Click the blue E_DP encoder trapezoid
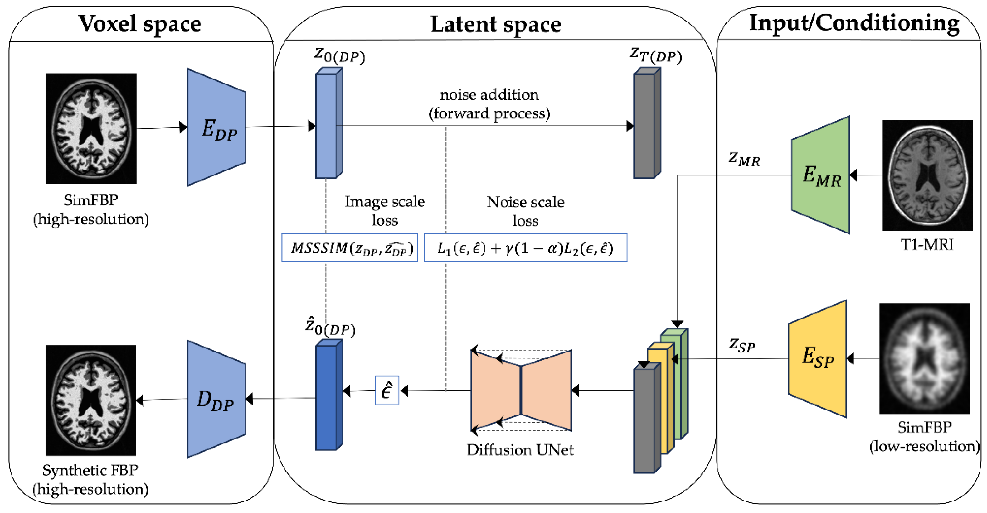[x=216, y=127]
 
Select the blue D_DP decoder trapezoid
[x=216, y=399]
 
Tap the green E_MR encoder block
[x=821, y=175]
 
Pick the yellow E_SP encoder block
[x=818, y=359]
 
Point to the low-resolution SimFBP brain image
[x=924, y=358]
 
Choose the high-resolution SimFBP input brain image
[x=91, y=128]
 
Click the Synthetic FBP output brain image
[x=90, y=400]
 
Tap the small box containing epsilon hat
[x=387, y=391]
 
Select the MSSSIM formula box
[x=349, y=248]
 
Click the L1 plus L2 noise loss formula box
[x=525, y=248]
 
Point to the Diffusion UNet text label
[x=520, y=450]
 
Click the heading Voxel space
[x=140, y=24]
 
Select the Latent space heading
[x=495, y=25]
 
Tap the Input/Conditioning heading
[x=854, y=23]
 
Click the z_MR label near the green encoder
[x=744, y=159]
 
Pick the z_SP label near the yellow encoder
[x=742, y=345]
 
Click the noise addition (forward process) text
[x=489, y=104]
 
